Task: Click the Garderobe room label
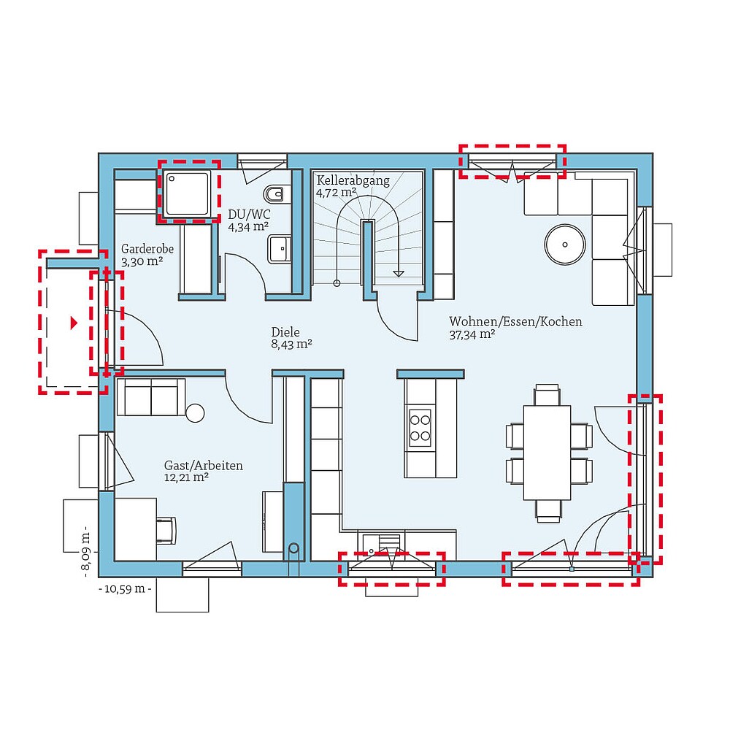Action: pyautogui.click(x=147, y=248)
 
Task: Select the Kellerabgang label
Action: pyautogui.click(x=353, y=180)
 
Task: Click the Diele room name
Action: pyautogui.click(x=285, y=331)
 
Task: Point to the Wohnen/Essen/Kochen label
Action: pyautogui.click(x=515, y=321)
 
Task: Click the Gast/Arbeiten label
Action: pyautogui.click(x=204, y=465)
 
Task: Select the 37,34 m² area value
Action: pyautogui.click(x=472, y=334)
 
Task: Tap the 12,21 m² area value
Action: pyautogui.click(x=187, y=477)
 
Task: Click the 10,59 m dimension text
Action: pyautogui.click(x=125, y=588)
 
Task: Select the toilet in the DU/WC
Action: pyautogui.click(x=275, y=194)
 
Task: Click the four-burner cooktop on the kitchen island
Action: pyautogui.click(x=420, y=428)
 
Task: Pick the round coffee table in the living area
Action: pyautogui.click(x=566, y=244)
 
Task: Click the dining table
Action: pyautogui.click(x=547, y=453)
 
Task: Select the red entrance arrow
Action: pyautogui.click(x=72, y=323)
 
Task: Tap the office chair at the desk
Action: pyautogui.click(x=166, y=530)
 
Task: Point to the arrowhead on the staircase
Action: pyautogui.click(x=398, y=273)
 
